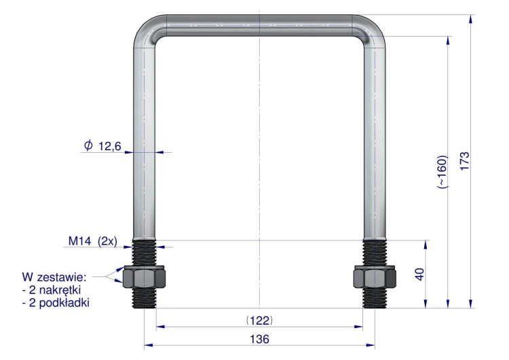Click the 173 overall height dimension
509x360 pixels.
coord(465,160)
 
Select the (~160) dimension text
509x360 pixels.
coord(442,172)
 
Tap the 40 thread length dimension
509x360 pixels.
coord(419,274)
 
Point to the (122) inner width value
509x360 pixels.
coord(259,321)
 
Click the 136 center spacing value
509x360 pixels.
coord(259,339)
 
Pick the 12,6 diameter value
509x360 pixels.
coord(109,146)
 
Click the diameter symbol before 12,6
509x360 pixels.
coord(88,145)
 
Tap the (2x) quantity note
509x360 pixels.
coord(107,241)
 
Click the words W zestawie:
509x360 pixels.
coord(54,277)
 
